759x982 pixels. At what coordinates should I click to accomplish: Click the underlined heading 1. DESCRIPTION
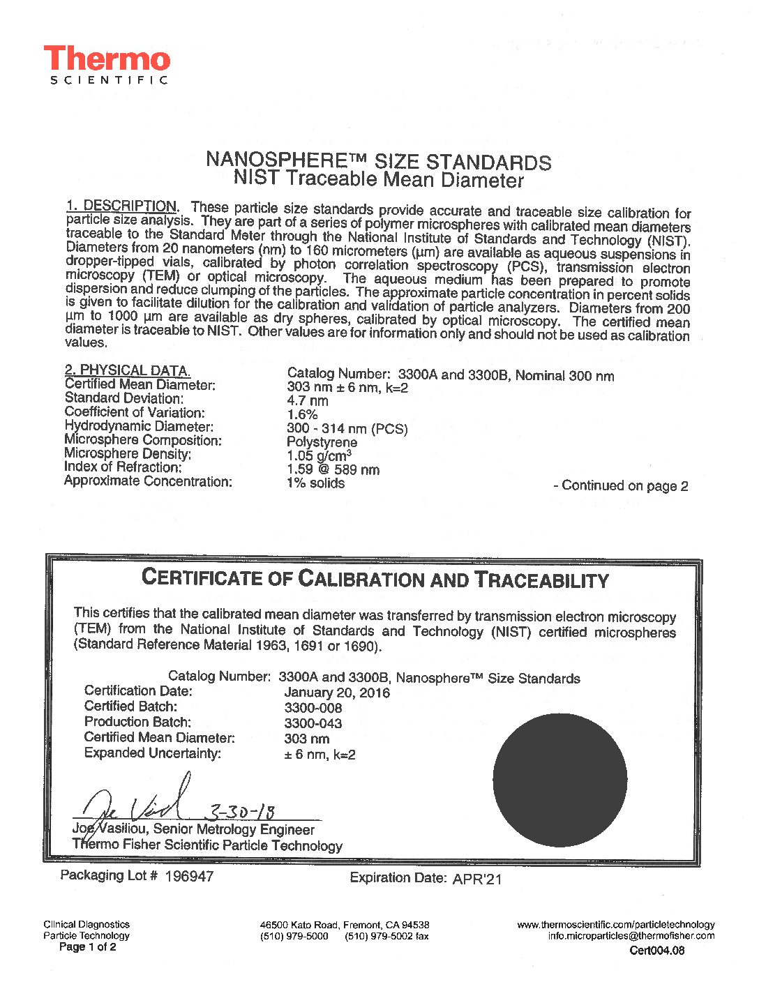tap(121, 206)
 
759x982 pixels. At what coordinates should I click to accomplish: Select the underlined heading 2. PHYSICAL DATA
tap(127, 370)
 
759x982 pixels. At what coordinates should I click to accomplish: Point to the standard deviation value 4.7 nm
tap(307, 401)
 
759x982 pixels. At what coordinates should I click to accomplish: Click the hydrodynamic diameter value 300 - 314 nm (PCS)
tap(347, 429)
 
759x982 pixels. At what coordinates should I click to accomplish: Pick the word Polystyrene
tap(322, 442)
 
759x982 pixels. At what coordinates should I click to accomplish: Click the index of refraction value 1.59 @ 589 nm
tap(333, 469)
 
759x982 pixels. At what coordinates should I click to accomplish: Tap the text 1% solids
tap(315, 483)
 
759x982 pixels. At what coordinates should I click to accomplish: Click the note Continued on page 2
tap(621, 486)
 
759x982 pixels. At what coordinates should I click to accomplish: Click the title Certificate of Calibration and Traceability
tap(375, 579)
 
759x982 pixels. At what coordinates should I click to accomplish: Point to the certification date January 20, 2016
tap(337, 693)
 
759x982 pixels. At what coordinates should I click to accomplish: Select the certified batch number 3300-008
tap(313, 708)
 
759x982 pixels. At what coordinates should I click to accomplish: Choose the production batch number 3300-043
tap(313, 723)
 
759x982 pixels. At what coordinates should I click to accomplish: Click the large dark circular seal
tap(559, 779)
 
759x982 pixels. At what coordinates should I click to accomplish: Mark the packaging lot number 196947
tap(189, 876)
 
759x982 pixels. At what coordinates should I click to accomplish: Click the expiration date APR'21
tap(477, 879)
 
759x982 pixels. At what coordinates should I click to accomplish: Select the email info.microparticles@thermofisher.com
tap(631, 936)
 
